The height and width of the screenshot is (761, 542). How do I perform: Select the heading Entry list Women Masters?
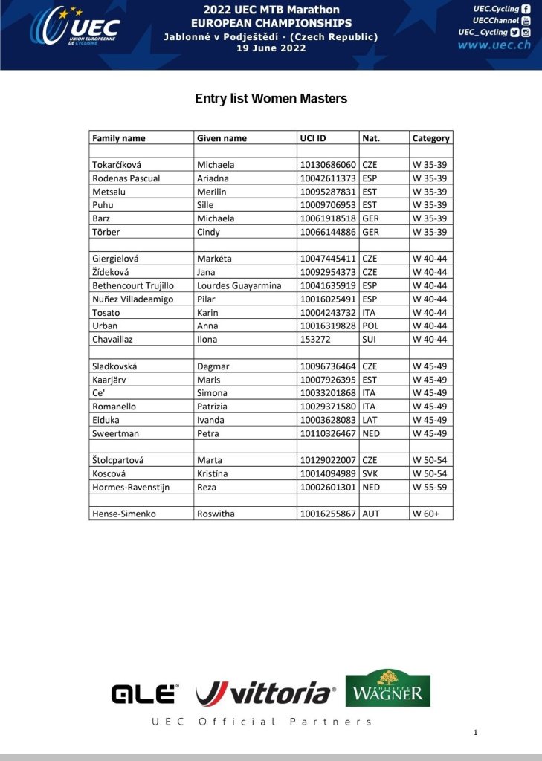pos(271,98)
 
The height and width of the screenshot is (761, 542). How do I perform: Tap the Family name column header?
pos(119,138)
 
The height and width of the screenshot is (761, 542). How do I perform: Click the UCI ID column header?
pos(313,138)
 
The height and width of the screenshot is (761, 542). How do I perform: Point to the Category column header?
pos(430,138)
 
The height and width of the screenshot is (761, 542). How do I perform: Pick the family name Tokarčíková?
pos(120,165)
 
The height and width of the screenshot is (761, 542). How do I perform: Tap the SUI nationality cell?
pos(370,339)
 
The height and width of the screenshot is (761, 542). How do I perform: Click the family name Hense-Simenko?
pos(124,514)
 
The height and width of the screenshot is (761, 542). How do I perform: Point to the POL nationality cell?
pos(370,326)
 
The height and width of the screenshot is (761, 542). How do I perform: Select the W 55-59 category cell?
pos(430,487)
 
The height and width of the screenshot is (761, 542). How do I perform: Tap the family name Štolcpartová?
pos(123,460)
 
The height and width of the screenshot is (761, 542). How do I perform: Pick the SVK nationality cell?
pos(370,473)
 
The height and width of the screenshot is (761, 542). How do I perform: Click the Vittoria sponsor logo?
pos(264,693)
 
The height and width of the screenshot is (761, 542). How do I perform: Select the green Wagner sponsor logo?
pos(387,688)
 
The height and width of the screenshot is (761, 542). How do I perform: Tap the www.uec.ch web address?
pos(494,45)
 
